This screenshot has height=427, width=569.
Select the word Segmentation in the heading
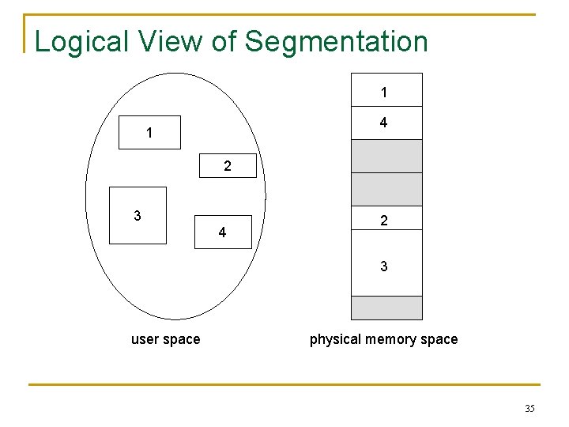click(x=337, y=42)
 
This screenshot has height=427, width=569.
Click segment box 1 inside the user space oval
click(x=149, y=133)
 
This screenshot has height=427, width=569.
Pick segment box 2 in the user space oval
click(x=227, y=165)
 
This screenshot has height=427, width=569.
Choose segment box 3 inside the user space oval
click(x=138, y=215)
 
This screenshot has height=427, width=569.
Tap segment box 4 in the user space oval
click(x=223, y=232)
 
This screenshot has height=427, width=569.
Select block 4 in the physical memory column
click(x=386, y=123)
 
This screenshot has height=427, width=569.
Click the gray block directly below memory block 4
click(x=386, y=156)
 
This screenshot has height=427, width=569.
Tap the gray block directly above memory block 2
click(x=386, y=188)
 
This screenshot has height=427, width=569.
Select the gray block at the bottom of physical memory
click(x=386, y=308)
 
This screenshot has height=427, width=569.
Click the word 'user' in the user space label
click(x=145, y=339)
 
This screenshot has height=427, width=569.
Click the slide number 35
click(x=529, y=408)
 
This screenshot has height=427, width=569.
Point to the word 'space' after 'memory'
click(x=439, y=339)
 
